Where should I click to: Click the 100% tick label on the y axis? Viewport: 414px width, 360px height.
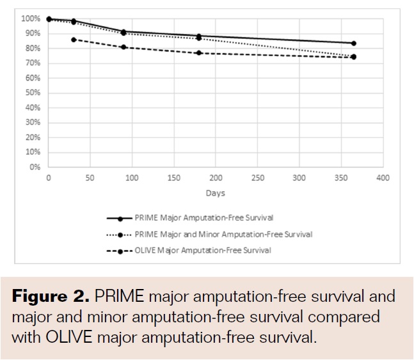coord(29,19)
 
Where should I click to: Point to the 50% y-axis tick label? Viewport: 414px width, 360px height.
coord(31,93)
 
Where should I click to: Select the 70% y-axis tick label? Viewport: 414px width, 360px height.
coord(31,63)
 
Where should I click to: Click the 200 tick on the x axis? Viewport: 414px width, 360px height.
coord(216,178)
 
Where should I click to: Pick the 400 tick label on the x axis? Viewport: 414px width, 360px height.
coord(383,178)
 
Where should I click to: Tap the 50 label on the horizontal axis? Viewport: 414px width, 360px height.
coord(90,178)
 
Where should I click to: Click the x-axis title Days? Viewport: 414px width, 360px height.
coord(215,192)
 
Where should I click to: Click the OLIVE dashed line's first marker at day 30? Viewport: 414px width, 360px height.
coord(74,40)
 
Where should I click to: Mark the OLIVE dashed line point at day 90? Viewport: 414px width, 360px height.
coord(123,47)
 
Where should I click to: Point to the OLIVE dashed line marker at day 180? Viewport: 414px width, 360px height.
coord(199,53)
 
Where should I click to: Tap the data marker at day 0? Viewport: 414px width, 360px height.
coord(49,19)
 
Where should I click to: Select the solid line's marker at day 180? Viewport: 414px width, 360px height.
coord(199,36)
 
